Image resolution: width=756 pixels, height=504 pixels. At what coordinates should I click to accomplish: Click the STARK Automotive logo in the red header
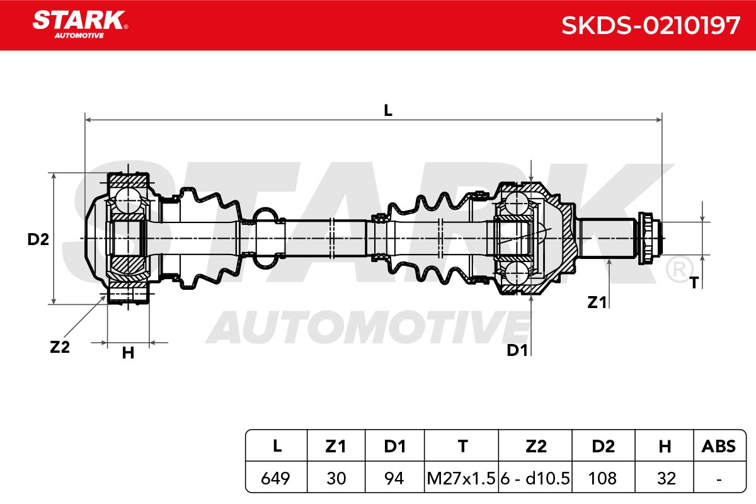[80, 25]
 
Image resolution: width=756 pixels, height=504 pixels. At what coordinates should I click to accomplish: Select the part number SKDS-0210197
[651, 26]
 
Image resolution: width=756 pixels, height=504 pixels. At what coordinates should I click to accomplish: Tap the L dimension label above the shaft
[388, 110]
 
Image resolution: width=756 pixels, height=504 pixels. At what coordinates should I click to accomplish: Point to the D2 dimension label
[38, 239]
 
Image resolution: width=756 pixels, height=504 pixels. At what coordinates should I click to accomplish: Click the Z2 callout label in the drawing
[60, 347]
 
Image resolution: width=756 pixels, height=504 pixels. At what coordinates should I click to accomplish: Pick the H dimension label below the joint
[129, 353]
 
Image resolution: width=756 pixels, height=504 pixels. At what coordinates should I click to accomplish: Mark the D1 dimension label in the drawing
[517, 350]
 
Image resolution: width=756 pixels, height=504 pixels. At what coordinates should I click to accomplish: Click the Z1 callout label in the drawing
[597, 302]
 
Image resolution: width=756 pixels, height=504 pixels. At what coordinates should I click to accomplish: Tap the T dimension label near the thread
[694, 283]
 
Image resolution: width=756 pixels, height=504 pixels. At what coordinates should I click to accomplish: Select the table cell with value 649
[275, 478]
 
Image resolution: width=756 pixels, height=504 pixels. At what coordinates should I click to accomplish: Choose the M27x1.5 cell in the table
[461, 478]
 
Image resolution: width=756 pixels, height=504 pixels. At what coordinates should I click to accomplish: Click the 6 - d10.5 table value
[535, 478]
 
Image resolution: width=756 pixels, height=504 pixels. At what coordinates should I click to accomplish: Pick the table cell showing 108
[602, 478]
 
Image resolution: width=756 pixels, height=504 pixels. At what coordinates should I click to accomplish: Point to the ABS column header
[719, 446]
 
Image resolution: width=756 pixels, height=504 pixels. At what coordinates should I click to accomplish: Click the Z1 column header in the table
[336, 446]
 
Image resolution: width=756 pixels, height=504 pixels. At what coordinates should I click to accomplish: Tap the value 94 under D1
[394, 478]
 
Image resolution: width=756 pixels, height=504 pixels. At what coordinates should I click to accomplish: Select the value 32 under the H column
[667, 478]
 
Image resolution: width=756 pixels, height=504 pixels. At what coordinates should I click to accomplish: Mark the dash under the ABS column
[719, 479]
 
